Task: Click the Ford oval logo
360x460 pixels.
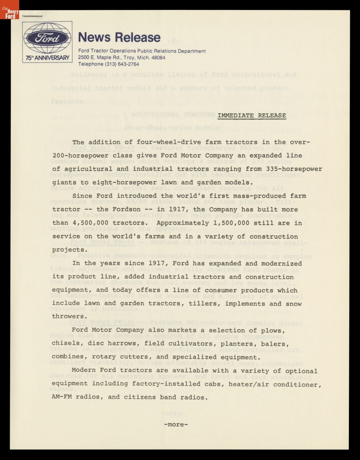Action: (x=47, y=38)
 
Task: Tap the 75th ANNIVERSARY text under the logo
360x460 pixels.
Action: (x=47, y=58)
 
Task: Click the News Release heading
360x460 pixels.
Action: (x=119, y=38)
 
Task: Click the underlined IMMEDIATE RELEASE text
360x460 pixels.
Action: (x=252, y=115)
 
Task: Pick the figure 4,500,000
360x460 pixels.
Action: (x=92, y=223)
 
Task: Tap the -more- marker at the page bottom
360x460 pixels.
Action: (x=176, y=424)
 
